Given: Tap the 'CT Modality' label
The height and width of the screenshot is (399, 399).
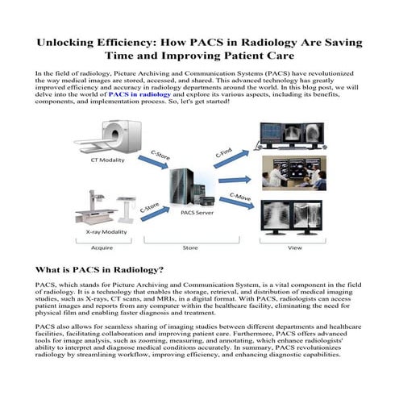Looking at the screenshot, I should (x=106, y=160).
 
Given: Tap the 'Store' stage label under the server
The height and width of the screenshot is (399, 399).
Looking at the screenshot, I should (x=190, y=247).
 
